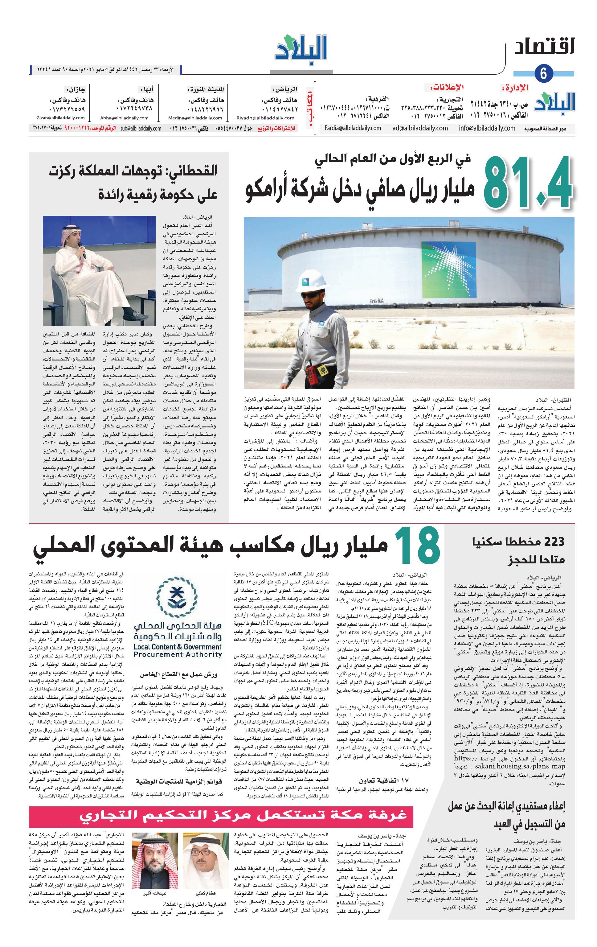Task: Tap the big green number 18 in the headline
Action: pos(417,547)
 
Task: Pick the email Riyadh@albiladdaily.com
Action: pos(265,117)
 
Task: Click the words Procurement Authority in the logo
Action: pos(178,654)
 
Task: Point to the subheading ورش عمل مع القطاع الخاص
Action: pos(182,674)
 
